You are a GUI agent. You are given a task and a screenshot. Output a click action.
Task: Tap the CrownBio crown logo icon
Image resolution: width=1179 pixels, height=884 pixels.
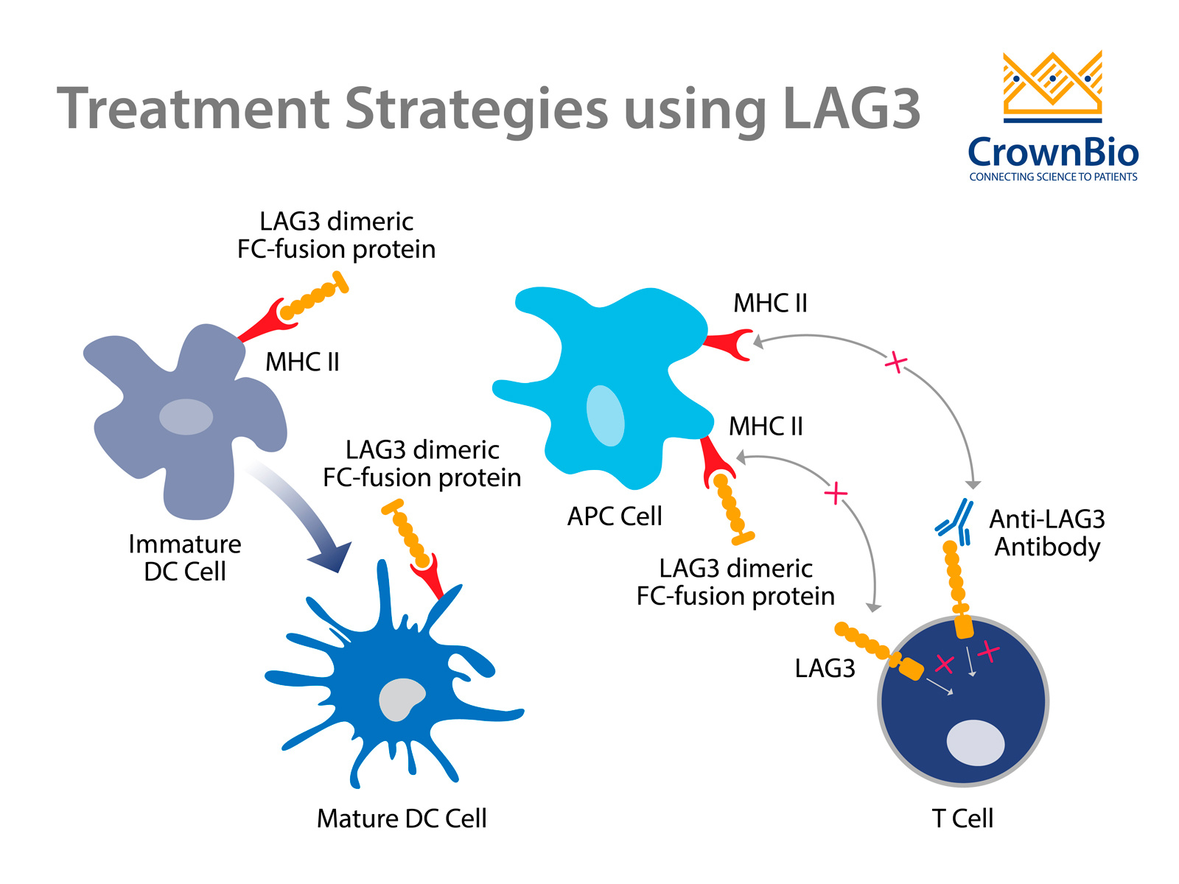click(x=1052, y=86)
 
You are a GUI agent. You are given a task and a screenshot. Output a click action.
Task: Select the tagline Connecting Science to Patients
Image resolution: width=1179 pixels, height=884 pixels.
click(x=1053, y=177)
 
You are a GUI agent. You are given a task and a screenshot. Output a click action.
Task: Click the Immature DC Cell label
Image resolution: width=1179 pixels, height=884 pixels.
click(x=184, y=558)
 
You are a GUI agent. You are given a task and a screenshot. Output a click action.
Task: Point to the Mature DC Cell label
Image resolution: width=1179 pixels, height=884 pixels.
click(x=402, y=818)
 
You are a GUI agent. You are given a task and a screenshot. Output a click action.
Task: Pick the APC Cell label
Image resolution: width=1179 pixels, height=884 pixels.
click(x=615, y=516)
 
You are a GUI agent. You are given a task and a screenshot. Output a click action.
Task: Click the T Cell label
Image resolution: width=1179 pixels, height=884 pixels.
click(x=962, y=818)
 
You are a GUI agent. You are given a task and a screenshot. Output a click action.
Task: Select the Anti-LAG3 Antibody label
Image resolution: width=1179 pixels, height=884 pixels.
click(x=1047, y=533)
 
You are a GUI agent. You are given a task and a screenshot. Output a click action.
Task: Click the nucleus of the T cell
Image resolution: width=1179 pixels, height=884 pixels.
click(x=975, y=743)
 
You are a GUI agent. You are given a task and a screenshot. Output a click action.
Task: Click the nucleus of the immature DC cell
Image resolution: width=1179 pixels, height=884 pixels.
click(x=186, y=417)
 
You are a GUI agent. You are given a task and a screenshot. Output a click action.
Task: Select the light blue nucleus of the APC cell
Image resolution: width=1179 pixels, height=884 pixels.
click(x=605, y=415)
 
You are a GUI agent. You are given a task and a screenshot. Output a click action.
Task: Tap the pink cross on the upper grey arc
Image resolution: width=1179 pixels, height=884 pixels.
click(x=895, y=362)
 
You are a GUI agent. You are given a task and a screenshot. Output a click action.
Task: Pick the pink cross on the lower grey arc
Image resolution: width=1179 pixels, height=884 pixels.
click(x=836, y=493)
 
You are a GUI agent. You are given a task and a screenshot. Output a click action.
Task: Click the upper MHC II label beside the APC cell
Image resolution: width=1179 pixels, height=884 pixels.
click(x=770, y=304)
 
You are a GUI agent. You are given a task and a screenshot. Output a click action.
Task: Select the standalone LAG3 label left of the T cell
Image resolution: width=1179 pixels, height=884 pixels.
click(x=825, y=668)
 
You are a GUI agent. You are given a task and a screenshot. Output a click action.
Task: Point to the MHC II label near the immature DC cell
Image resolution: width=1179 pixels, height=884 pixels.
click(x=302, y=362)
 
